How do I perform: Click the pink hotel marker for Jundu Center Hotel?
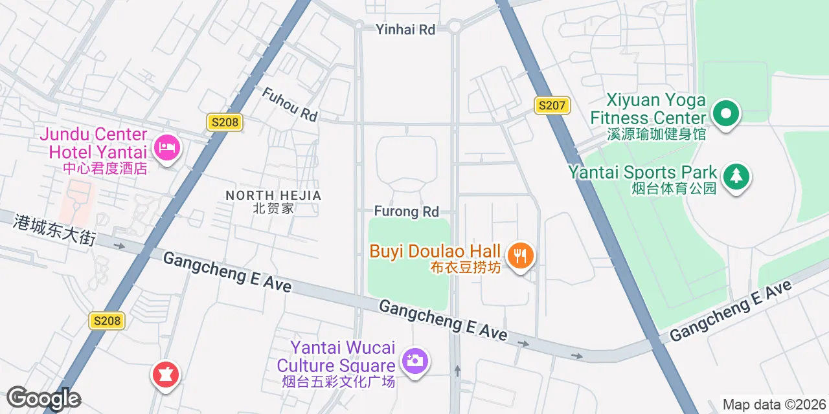click(168, 148)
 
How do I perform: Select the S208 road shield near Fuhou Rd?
click(225, 122)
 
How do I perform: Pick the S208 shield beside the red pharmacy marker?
click(107, 320)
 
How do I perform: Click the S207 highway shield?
click(552, 105)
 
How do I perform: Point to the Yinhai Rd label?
click(405, 29)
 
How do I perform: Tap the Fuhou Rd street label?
click(290, 104)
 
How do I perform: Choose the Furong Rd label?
click(406, 212)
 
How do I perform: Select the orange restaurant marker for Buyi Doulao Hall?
click(520, 256)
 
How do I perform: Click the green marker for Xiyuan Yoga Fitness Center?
click(726, 114)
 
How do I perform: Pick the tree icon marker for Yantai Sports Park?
click(735, 176)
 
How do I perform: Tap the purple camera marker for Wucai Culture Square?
click(414, 360)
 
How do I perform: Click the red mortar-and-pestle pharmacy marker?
click(165, 375)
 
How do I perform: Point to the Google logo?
click(43, 398)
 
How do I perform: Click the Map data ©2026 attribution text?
click(774, 405)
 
